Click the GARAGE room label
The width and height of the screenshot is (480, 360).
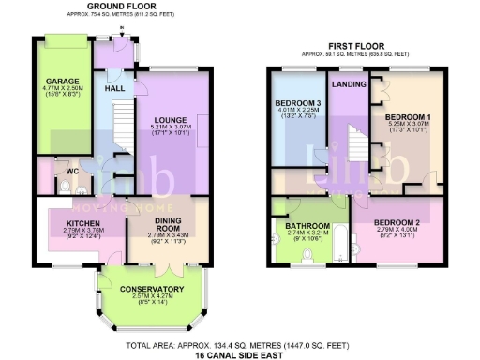63,81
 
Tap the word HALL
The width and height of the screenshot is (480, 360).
115,88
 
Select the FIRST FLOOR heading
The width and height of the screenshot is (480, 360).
355,45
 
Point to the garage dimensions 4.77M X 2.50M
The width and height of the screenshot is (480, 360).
63,89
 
